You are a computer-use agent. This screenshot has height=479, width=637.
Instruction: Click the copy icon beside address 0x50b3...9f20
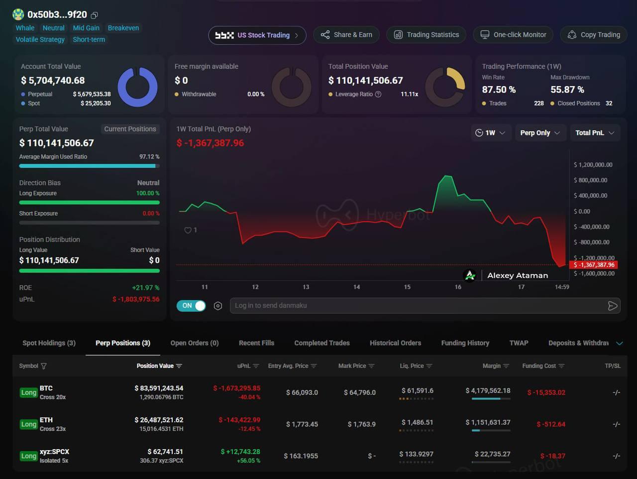(95, 15)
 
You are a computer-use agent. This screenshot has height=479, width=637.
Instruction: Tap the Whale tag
(25, 28)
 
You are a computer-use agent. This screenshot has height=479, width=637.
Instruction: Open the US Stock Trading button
(257, 35)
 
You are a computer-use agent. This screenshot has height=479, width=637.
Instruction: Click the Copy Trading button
(594, 35)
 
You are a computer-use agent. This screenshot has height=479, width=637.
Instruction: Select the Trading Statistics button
(426, 35)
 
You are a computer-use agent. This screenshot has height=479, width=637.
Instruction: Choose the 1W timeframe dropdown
(491, 133)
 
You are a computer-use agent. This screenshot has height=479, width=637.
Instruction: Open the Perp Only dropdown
(540, 133)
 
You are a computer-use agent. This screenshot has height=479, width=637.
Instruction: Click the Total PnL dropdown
(595, 133)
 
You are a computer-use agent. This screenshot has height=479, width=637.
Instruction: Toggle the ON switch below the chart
(191, 306)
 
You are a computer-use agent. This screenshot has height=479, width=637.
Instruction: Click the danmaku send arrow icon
(612, 306)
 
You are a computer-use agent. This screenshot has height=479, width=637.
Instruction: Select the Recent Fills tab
(256, 343)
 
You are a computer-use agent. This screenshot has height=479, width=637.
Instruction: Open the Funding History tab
(465, 343)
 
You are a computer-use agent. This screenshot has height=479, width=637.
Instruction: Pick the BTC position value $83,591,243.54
(159, 388)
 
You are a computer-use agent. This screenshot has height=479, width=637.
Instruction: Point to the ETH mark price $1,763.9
(362, 424)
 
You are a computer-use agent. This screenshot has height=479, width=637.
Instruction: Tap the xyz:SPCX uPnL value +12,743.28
(240, 452)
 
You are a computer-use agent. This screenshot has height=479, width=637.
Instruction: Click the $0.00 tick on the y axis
(582, 211)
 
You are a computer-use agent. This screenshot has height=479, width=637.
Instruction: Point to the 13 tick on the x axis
(306, 287)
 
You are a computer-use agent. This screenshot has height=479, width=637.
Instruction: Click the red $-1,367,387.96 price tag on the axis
(594, 265)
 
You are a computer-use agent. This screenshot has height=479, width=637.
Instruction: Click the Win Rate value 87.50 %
(499, 90)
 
